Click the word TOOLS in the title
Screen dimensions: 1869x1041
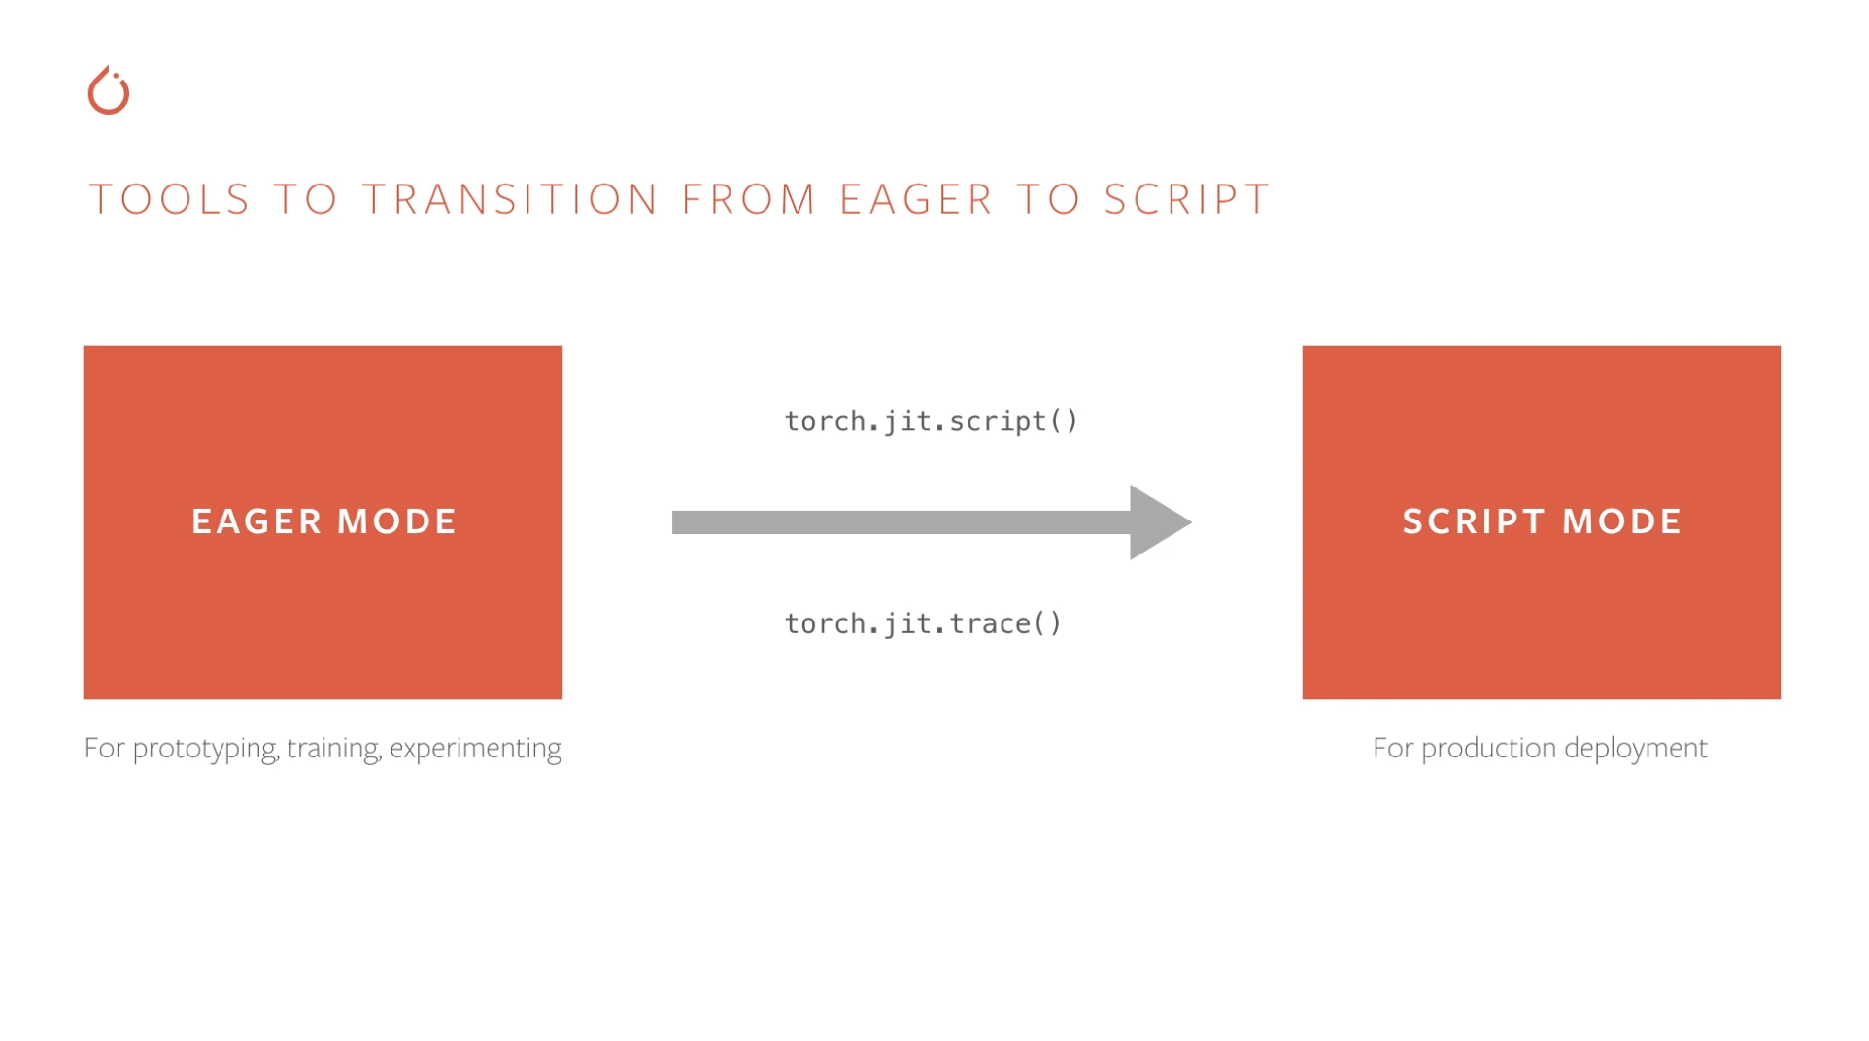(170, 199)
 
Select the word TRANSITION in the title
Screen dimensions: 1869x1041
(511, 199)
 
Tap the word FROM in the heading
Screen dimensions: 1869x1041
(749, 199)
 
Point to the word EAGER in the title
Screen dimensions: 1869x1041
(916, 199)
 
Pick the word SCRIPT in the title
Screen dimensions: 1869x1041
(1187, 199)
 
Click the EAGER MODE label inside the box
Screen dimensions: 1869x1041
(323, 521)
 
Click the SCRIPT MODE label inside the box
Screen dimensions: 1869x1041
(1542, 521)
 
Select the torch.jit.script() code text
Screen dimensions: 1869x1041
(932, 421)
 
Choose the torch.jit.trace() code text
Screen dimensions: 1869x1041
(923, 623)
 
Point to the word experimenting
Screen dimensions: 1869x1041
(475, 749)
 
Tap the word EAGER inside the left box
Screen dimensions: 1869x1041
(256, 521)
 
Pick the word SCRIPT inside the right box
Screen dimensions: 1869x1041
(1474, 521)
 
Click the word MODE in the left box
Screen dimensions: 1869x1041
(396, 521)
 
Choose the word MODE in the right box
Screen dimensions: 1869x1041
(1622, 521)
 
